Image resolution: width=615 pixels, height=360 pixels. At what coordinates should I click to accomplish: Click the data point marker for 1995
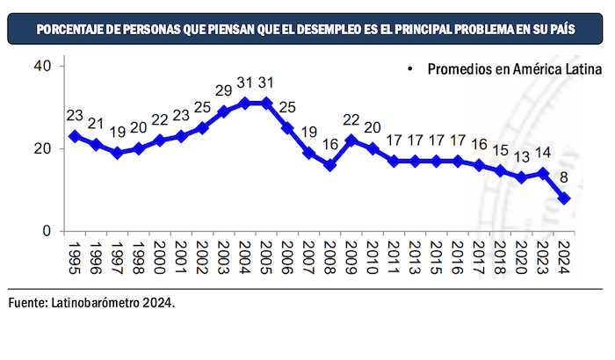point(74,136)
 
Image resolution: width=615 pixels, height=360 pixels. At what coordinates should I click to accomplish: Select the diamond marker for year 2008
point(329,165)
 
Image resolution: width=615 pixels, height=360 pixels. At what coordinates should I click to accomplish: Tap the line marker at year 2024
point(564,198)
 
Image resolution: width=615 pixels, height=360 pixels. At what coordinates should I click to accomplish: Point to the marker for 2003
point(223,112)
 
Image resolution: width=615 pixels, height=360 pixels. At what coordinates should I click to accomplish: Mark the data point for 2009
point(351,140)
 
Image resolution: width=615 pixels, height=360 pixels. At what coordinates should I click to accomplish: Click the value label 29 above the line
point(223,90)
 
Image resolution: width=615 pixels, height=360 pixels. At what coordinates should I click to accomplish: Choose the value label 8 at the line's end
point(564,176)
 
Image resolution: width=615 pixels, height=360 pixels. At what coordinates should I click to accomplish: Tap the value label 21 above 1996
point(95,123)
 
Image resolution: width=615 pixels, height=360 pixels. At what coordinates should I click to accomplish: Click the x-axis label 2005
point(266,260)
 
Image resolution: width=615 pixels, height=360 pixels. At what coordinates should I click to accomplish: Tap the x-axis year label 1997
point(117,260)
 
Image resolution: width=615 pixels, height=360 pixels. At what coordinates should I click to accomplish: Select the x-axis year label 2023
point(543,260)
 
